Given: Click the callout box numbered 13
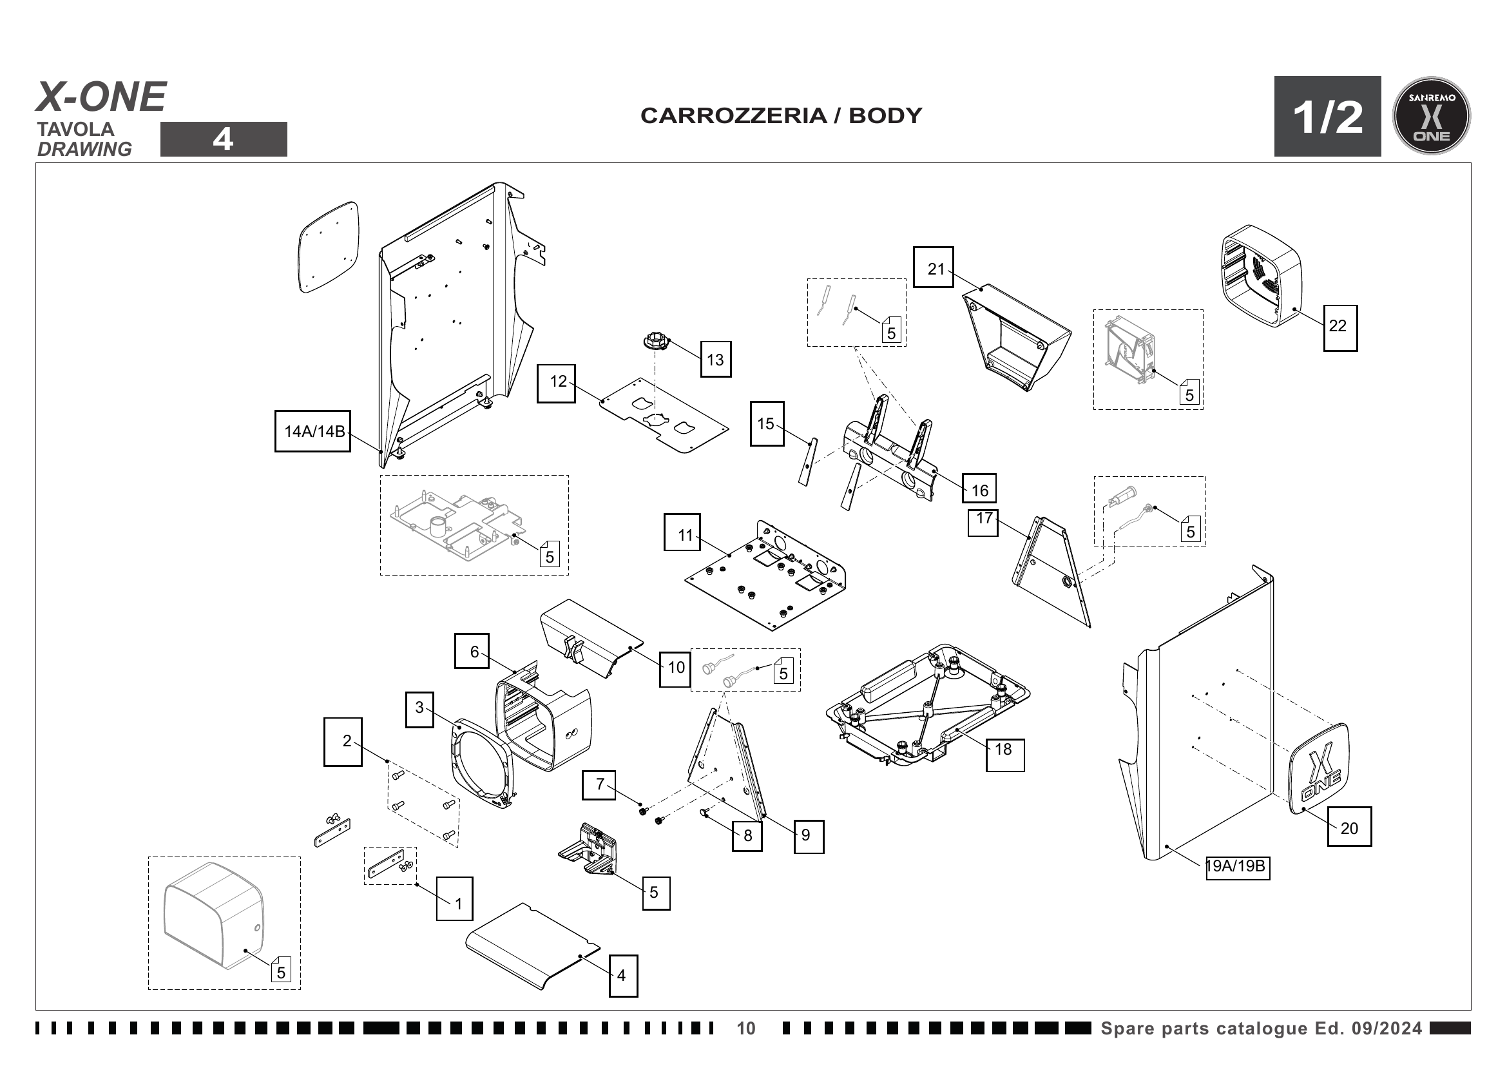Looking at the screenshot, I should pos(715,359).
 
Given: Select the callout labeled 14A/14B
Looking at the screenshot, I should pos(312,431).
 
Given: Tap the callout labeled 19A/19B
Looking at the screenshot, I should pos(1237,867).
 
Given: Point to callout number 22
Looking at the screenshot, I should pos(1339,327).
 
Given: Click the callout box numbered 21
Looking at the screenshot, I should pos(934,267).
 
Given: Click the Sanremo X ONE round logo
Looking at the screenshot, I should pos(1431,116).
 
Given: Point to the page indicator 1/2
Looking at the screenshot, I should pos(1327,117).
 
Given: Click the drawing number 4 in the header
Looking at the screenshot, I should pos(223,139).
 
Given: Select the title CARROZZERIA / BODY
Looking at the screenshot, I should pos(781,115).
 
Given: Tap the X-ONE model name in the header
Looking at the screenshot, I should pos(101,97).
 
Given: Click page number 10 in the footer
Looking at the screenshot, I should pos(745,1028).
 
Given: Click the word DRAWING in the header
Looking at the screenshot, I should pos(84,150).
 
